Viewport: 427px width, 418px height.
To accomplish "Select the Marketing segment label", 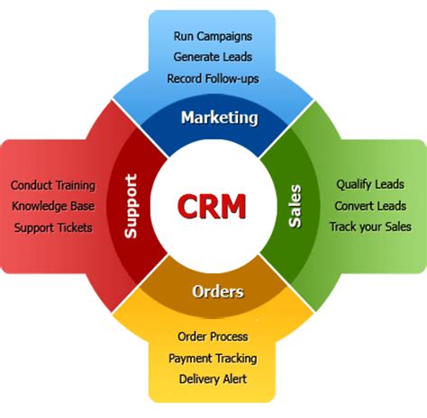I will tap(219, 118).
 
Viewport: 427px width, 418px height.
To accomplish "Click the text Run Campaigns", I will tap(213, 37).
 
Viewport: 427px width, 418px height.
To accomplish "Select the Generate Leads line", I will tap(213, 58).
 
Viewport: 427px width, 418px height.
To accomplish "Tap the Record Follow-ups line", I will tap(213, 78).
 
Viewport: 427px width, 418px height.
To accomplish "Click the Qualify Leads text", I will tap(370, 184).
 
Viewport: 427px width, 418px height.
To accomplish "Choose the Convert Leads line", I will tap(370, 206).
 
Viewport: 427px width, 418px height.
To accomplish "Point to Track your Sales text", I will tap(370, 227).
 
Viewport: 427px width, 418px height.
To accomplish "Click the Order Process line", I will tap(213, 336).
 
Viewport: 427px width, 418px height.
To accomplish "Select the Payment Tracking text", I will tap(213, 358).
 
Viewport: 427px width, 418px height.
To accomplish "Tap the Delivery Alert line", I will tap(213, 378).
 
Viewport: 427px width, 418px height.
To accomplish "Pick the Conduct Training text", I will tap(53, 185).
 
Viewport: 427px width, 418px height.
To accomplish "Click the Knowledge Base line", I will tap(53, 206).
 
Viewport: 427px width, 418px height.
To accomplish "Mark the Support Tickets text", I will tap(53, 227).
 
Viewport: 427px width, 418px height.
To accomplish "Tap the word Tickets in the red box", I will tap(73, 227).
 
